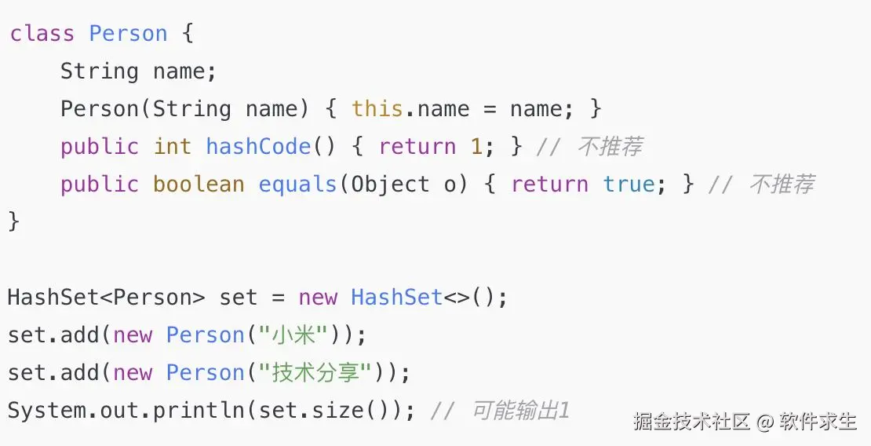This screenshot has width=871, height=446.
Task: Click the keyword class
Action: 42,34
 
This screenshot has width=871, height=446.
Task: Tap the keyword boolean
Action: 199,185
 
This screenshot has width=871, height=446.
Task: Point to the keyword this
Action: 377,109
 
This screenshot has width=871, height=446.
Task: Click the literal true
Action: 629,185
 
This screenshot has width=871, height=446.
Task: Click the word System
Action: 47,411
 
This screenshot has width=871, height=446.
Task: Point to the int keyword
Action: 173,147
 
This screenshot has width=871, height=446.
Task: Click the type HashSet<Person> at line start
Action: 107,298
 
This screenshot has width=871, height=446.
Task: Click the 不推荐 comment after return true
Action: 782,185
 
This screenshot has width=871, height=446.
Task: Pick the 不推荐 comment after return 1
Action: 610,147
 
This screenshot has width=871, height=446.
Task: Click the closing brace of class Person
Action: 13,221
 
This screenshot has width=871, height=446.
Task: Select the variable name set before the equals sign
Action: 239,298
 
